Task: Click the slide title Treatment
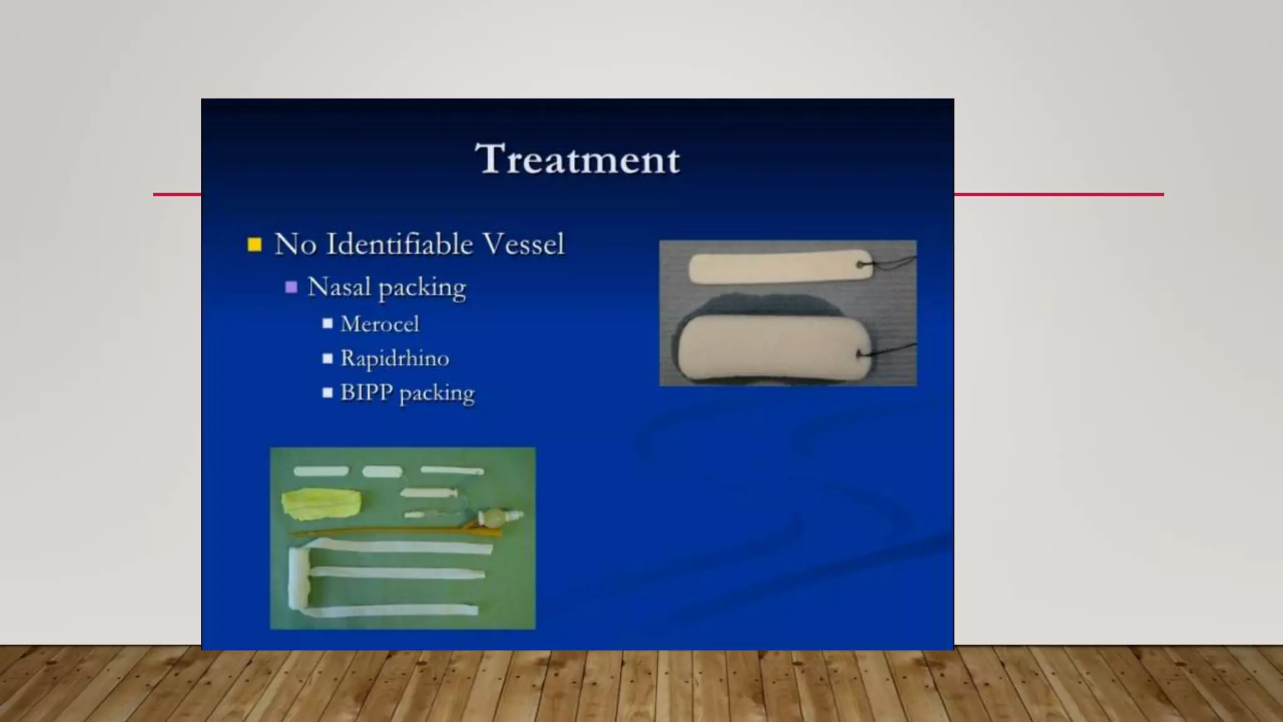(x=577, y=159)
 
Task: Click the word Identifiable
(x=400, y=244)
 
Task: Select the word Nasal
(x=339, y=287)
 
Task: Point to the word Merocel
(x=380, y=324)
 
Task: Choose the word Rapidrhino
(x=395, y=358)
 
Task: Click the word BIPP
(x=366, y=392)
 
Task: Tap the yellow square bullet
(x=254, y=244)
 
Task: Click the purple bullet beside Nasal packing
(x=291, y=287)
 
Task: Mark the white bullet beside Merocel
(x=328, y=324)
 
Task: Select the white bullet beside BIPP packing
(x=328, y=393)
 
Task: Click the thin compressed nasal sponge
(x=777, y=266)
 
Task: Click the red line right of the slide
(x=1059, y=194)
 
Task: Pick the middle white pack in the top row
(x=382, y=471)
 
